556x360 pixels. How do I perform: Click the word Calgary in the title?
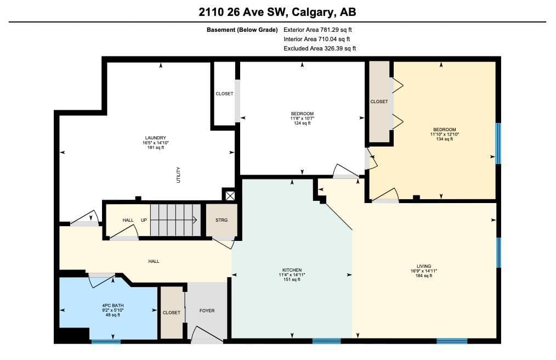click(313, 13)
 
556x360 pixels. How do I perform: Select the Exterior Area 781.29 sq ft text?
click(317, 30)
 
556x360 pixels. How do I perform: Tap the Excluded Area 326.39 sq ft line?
click(320, 48)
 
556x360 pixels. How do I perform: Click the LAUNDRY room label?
click(155, 138)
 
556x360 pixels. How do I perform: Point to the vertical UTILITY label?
click(178, 175)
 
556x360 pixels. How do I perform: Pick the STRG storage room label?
click(222, 220)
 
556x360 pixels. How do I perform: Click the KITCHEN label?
click(292, 270)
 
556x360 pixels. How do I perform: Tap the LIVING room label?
click(424, 266)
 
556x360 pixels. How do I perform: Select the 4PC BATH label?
click(113, 305)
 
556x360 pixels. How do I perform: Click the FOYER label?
click(207, 311)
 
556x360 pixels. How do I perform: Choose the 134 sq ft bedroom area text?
click(444, 139)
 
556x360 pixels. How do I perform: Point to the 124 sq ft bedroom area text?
click(302, 123)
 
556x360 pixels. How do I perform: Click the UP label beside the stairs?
click(144, 220)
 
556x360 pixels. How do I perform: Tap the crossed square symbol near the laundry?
click(230, 195)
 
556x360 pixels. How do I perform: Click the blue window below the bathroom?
click(106, 341)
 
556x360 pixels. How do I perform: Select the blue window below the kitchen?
click(327, 341)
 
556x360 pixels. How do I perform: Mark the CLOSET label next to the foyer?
click(171, 313)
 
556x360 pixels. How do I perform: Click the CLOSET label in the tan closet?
click(379, 102)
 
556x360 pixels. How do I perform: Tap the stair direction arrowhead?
click(195, 220)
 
